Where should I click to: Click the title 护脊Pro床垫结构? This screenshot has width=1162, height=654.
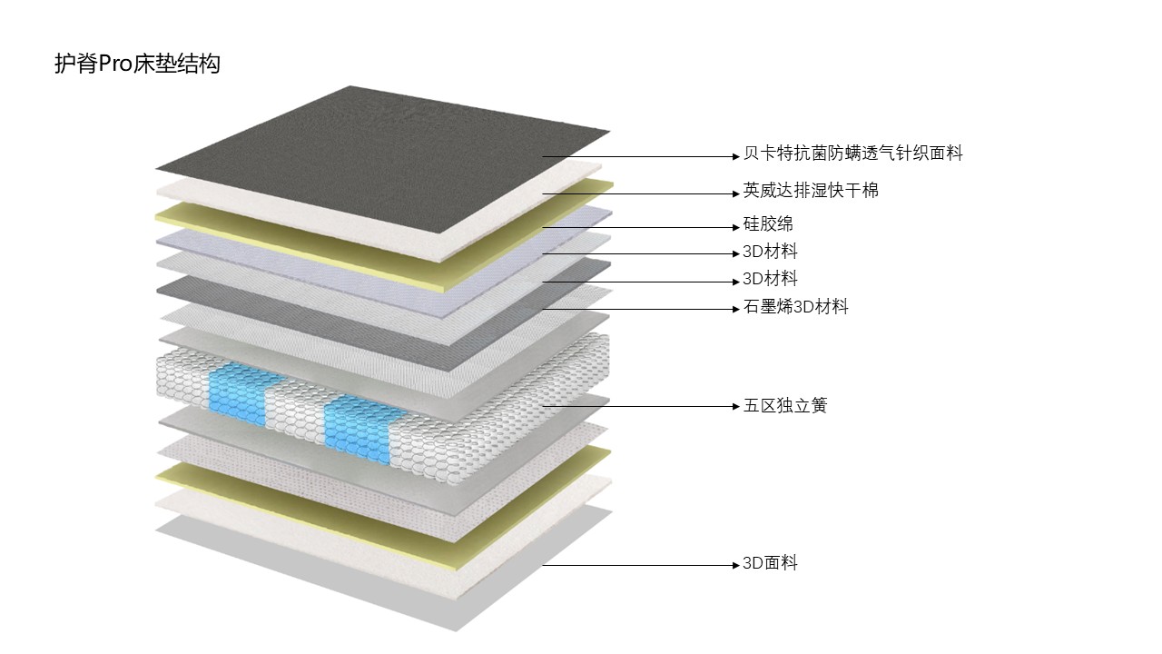[x=137, y=64]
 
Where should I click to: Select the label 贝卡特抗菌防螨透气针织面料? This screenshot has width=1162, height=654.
[x=852, y=154]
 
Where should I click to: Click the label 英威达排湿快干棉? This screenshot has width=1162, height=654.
[x=811, y=191]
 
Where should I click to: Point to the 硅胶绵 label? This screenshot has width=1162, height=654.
[x=768, y=224]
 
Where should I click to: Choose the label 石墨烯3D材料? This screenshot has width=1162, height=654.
[x=796, y=307]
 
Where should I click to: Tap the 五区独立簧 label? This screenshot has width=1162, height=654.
[x=785, y=405]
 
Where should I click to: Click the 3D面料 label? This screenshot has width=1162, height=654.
[x=770, y=563]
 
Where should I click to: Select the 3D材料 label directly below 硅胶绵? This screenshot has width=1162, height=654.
[x=770, y=252]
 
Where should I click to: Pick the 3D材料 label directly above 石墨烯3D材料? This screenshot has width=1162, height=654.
[x=770, y=279]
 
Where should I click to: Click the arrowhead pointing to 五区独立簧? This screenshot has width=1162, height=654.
[x=736, y=406]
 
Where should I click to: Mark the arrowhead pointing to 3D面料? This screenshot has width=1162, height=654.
[x=736, y=565]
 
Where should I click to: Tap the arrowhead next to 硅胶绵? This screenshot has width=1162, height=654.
[x=736, y=227]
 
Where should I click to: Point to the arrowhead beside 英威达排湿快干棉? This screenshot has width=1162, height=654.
[x=736, y=194]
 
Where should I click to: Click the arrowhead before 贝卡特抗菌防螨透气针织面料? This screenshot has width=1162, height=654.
[x=736, y=157]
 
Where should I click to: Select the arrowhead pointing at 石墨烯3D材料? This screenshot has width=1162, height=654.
[x=736, y=310]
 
